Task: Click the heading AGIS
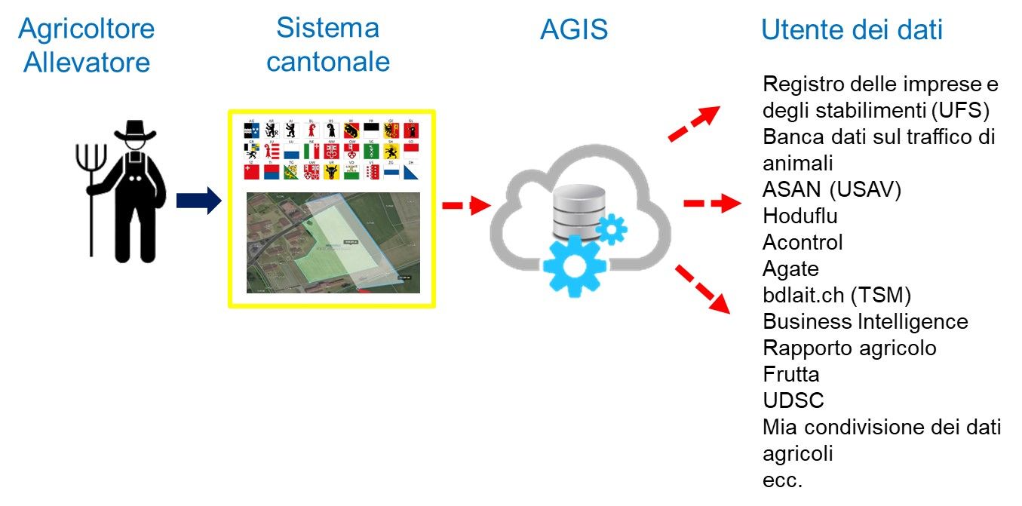pos(574,30)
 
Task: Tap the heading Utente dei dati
pos(852,30)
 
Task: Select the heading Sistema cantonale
pos(327,44)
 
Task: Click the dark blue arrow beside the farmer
pos(198,201)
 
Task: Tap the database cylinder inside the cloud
pos(579,209)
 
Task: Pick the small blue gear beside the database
pos(611,228)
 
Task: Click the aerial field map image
pos(333,242)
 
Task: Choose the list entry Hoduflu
pos(800,216)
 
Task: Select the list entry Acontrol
pos(803,242)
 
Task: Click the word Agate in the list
pos(790,268)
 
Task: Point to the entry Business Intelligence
pos(865,321)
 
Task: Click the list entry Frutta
pos(791,374)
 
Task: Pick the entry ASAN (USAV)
pos(832,189)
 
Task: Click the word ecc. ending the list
pos(781,480)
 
